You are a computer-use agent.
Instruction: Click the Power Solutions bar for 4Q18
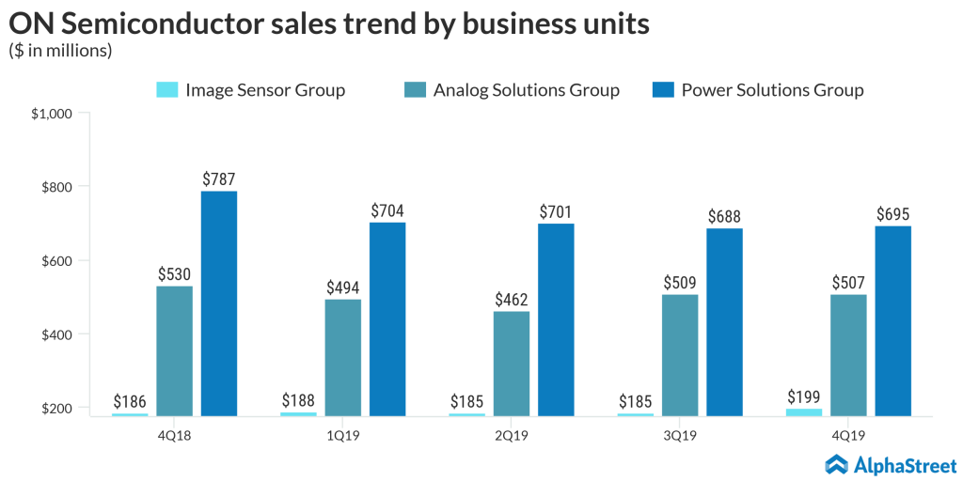(x=219, y=303)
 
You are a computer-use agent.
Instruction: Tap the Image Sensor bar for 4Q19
(x=803, y=411)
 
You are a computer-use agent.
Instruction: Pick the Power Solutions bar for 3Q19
(x=724, y=321)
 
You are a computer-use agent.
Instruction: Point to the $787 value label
(x=219, y=178)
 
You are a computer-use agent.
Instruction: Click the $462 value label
(x=511, y=299)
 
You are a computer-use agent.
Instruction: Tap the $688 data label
(x=724, y=216)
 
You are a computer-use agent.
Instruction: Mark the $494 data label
(x=342, y=287)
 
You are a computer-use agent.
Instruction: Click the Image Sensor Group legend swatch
(x=166, y=90)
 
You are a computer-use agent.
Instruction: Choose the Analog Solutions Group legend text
(x=526, y=90)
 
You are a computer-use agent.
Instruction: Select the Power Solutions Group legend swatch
(x=663, y=90)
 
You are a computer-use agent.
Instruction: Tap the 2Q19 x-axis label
(x=511, y=435)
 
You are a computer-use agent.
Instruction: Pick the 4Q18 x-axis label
(x=174, y=435)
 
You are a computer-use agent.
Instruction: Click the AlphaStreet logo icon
(x=837, y=464)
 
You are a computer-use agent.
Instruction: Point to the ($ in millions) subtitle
(x=61, y=51)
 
